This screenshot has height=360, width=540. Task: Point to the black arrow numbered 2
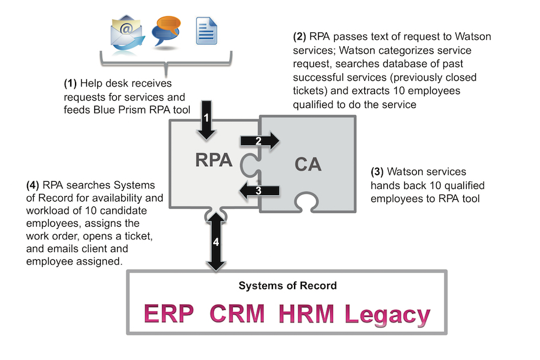260,142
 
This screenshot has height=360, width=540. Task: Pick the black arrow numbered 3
260,191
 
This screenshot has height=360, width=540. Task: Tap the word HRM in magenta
306,314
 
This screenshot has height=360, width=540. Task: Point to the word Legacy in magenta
387,316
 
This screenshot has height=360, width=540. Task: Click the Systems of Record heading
287,286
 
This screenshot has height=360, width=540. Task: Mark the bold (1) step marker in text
71,84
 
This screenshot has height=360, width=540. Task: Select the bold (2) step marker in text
301,37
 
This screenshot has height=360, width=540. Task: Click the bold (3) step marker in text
380,172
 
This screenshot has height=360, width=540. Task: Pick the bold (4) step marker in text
34,185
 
